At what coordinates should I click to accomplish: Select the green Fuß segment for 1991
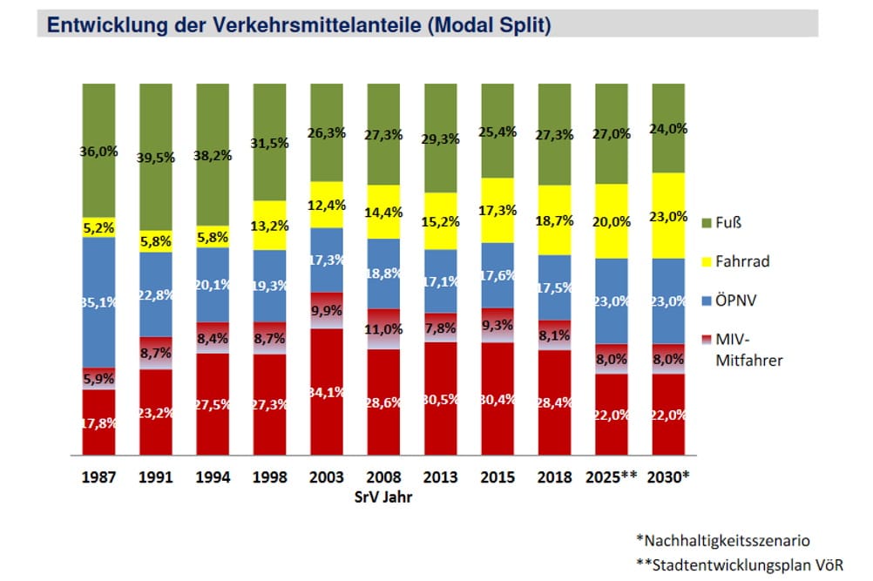pyautogui.click(x=156, y=157)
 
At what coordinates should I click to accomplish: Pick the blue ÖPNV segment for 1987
pyautogui.click(x=99, y=301)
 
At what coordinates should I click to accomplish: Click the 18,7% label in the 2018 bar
pyautogui.click(x=555, y=220)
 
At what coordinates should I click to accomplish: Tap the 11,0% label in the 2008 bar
pyautogui.click(x=384, y=329)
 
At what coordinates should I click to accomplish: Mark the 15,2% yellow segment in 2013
pyautogui.click(x=441, y=221)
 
